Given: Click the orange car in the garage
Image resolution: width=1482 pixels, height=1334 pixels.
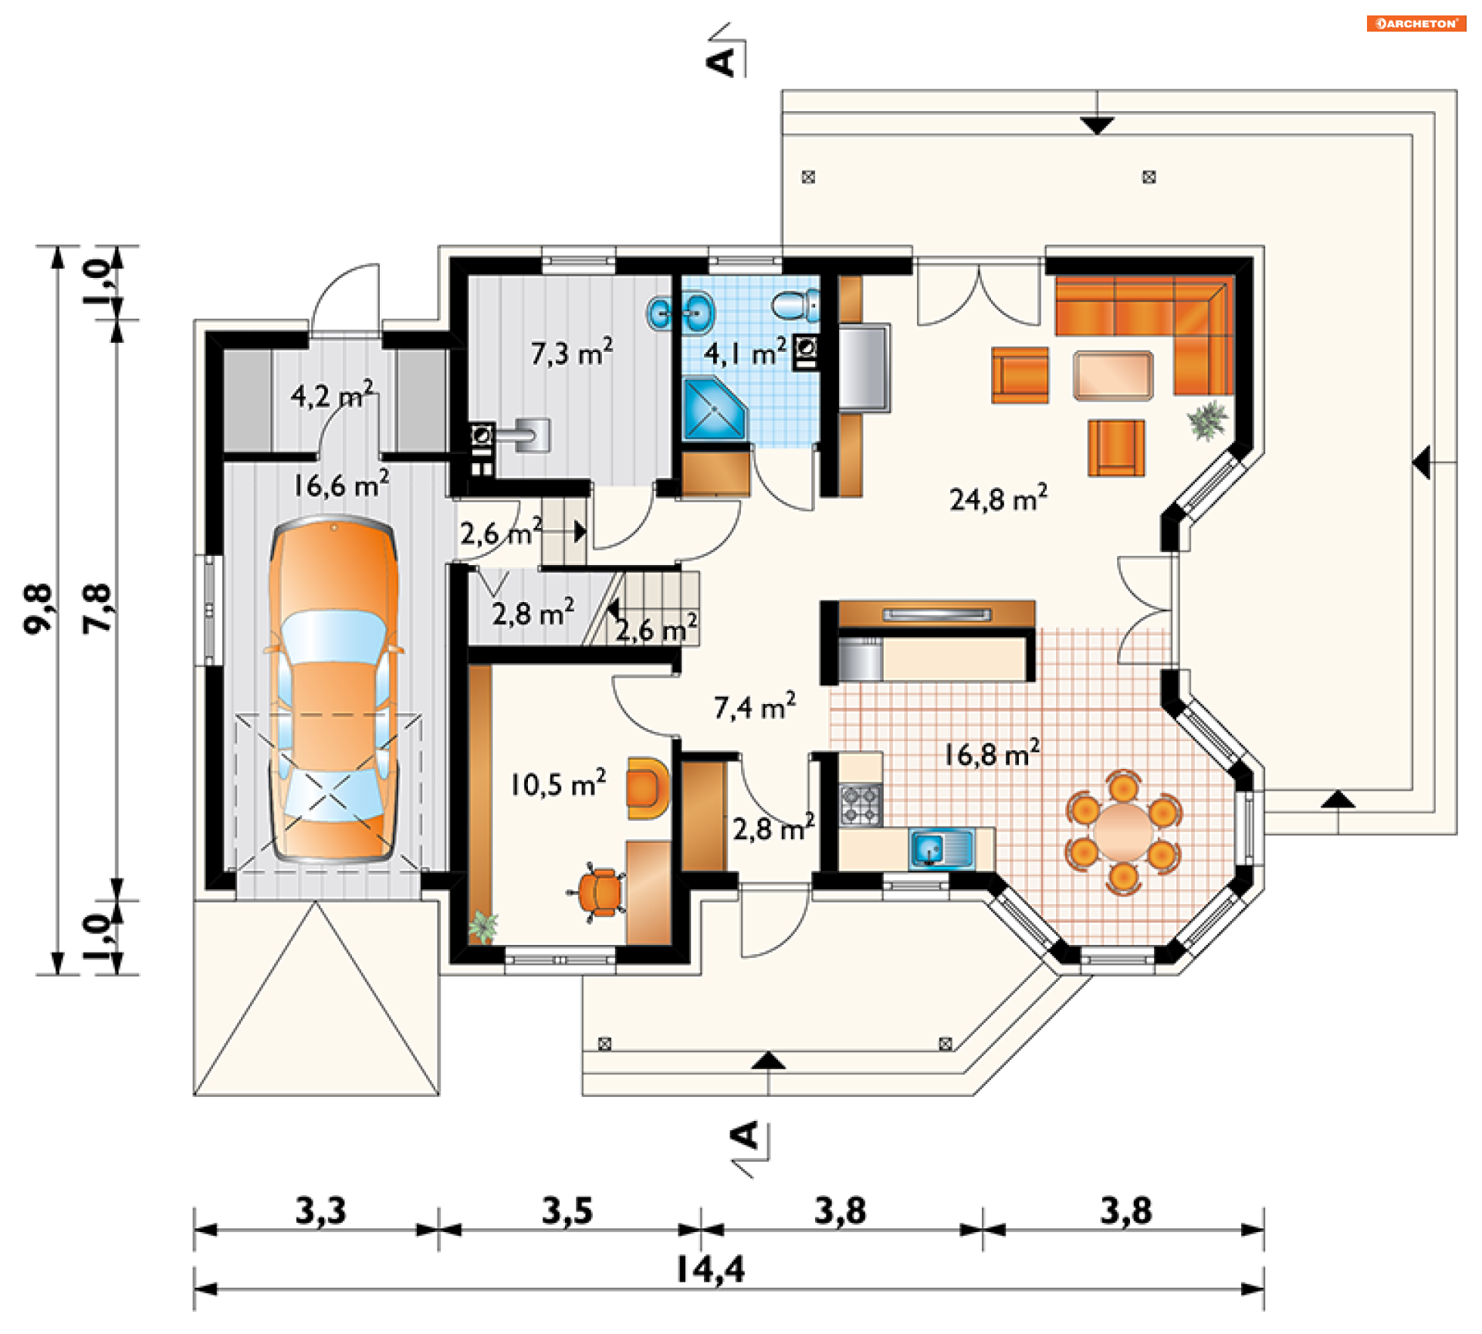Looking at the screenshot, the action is (x=333, y=690).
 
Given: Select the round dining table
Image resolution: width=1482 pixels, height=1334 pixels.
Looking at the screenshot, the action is (x=1123, y=831).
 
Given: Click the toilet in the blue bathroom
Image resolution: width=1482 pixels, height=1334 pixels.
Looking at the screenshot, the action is (x=795, y=305).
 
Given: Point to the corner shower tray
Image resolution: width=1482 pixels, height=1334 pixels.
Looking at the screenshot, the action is (x=715, y=409).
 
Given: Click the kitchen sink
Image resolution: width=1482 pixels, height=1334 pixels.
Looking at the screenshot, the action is (x=942, y=848).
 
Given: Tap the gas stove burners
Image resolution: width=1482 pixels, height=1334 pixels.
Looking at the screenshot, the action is (x=861, y=804).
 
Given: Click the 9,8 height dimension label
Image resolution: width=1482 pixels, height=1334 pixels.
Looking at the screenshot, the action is (x=38, y=609).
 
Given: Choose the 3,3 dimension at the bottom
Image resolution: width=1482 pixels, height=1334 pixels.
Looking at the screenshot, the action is (x=320, y=1210).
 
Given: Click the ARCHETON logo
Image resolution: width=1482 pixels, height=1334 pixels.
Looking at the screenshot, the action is (x=1416, y=24).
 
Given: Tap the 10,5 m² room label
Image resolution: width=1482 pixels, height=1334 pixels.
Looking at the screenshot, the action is (x=557, y=784).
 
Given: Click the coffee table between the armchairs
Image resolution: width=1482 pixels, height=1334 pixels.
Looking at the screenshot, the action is (x=1112, y=375).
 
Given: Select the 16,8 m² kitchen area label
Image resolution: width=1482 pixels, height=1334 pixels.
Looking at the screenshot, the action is (x=992, y=753).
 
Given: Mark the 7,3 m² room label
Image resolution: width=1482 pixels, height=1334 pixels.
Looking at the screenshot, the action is (x=571, y=352).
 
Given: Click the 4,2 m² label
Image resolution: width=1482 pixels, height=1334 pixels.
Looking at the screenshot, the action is (x=332, y=394).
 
